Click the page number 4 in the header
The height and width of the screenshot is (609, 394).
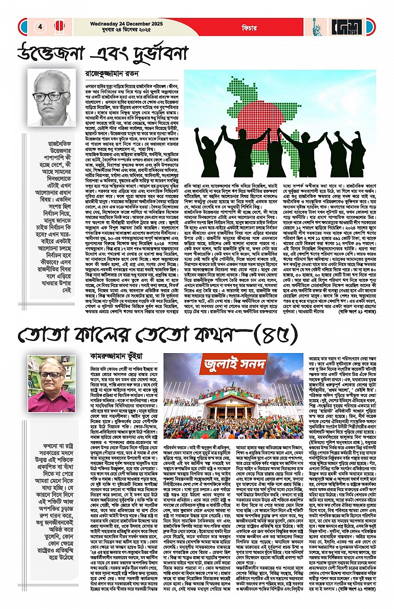[39, 27]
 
